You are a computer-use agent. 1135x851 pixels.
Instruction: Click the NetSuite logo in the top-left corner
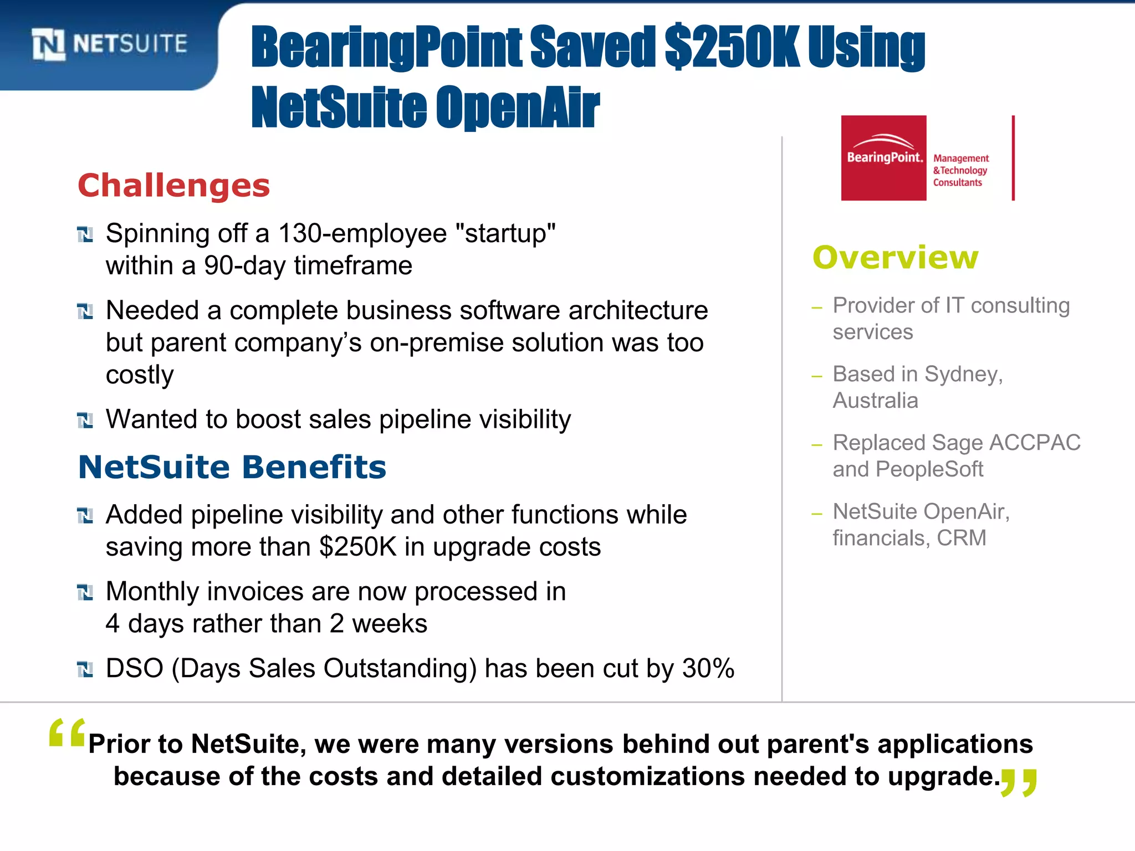coord(110,44)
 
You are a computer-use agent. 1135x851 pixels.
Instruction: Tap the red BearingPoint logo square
coord(883,158)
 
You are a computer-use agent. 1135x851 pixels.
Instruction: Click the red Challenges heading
coord(173,186)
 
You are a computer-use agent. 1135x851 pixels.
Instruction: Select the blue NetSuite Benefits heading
coord(232,467)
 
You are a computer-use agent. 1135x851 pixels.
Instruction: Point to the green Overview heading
coord(895,258)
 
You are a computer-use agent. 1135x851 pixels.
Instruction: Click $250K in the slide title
coord(731,48)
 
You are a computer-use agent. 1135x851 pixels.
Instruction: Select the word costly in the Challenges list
coord(140,375)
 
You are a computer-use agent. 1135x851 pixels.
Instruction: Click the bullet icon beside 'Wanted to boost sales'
coord(85,421)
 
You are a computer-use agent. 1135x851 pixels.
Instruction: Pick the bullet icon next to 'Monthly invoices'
coord(85,593)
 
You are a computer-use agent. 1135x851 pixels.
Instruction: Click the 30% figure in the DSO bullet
coord(708,668)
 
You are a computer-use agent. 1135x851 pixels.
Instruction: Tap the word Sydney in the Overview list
coord(963,375)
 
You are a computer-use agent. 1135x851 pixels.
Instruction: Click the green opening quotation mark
coord(67,733)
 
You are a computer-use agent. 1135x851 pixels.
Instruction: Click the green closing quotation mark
coord(1019,783)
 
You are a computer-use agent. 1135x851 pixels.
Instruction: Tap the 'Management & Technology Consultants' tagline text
coord(960,171)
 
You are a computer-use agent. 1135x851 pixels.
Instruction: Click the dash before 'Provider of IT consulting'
coord(816,307)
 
